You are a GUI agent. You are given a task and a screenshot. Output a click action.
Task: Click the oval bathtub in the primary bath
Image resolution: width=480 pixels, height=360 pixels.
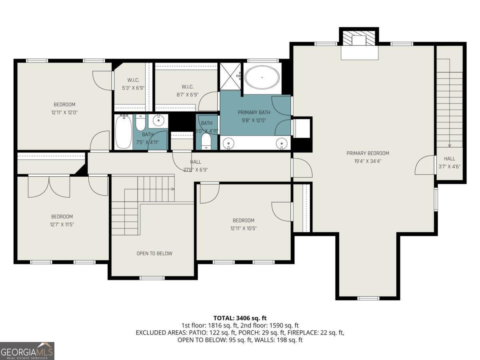(262, 77)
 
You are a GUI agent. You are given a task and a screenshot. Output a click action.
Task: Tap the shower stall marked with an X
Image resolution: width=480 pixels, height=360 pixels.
(230, 76)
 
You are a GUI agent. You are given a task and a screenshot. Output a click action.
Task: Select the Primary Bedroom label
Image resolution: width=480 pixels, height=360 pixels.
(368, 153)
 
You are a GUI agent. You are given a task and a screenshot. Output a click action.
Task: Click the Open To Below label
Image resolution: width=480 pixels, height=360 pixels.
(154, 253)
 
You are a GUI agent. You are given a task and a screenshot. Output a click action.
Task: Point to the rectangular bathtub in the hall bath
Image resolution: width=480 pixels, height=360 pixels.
(124, 132)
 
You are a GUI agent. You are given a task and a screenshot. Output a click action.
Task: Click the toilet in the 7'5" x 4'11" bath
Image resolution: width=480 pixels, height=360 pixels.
(140, 123)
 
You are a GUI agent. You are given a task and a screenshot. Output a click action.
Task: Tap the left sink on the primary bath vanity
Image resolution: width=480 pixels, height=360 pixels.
(228, 144)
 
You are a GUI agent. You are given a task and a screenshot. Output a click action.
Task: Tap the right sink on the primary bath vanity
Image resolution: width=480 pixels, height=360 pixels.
(282, 144)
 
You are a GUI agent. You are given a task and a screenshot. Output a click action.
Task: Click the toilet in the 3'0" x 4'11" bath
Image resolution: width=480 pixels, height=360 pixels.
(206, 142)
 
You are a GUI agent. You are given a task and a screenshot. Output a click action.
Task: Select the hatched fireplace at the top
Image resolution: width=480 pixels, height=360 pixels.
(359, 38)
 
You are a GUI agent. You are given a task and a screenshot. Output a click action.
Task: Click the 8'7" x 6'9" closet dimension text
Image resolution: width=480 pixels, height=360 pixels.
(188, 95)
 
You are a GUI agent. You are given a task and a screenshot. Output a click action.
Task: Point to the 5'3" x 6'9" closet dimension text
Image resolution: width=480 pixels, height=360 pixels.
(133, 88)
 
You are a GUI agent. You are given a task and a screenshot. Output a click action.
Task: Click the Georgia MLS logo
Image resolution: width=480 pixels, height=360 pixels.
(27, 351)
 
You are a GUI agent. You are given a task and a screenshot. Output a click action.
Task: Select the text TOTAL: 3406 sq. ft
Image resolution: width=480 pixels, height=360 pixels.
(240, 318)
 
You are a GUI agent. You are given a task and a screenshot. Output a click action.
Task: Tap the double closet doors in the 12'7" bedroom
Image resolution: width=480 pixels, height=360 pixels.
(49, 186)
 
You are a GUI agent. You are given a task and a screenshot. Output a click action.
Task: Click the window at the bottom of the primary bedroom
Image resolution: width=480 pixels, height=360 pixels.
(368, 298)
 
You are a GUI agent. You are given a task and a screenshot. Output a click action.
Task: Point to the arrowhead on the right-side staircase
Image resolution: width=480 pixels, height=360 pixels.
(450, 146)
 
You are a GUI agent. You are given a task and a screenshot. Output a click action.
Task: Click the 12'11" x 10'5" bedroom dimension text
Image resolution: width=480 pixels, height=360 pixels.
(243, 228)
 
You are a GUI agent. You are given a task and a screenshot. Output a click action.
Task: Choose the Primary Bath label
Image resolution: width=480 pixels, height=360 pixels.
(254, 112)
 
